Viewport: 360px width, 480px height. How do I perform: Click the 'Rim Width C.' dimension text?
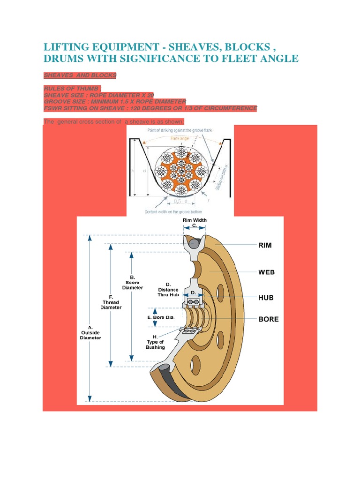195,223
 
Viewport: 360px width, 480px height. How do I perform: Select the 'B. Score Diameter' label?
133,282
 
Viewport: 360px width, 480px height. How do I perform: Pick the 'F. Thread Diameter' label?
111,302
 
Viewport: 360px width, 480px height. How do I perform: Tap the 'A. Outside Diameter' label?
90,332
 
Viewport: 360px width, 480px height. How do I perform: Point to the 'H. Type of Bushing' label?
155,342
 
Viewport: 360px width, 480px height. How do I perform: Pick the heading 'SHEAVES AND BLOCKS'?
80,75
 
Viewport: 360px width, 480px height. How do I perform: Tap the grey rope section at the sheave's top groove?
194,243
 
